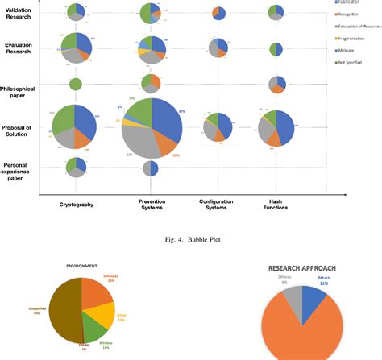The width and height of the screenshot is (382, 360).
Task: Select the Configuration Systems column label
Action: click(214, 205)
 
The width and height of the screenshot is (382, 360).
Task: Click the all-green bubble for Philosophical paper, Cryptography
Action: click(75, 84)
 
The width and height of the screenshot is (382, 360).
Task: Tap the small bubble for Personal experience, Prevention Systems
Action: click(151, 168)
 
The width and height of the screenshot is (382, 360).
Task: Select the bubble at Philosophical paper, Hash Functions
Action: click(276, 85)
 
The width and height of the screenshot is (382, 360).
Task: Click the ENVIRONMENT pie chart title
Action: click(81, 264)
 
